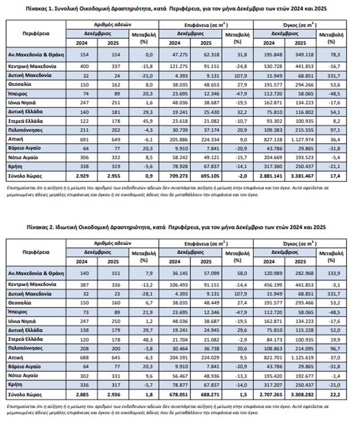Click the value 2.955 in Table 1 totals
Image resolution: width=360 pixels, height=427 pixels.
pyautogui.click(x=108, y=175)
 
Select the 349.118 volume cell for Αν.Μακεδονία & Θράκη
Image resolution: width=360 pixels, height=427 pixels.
pyautogui.click(x=299, y=55)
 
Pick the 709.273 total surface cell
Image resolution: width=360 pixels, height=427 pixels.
pyautogui.click(x=176, y=175)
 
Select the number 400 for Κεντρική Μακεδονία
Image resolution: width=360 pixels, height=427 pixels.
pyautogui.click(x=85, y=65)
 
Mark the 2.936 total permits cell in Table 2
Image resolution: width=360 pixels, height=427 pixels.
pyautogui.click(x=108, y=395)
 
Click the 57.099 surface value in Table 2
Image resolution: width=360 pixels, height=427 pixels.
pyautogui.click(x=206, y=273)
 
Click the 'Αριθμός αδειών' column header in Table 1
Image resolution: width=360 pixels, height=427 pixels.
pyautogui.click(x=111, y=24)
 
